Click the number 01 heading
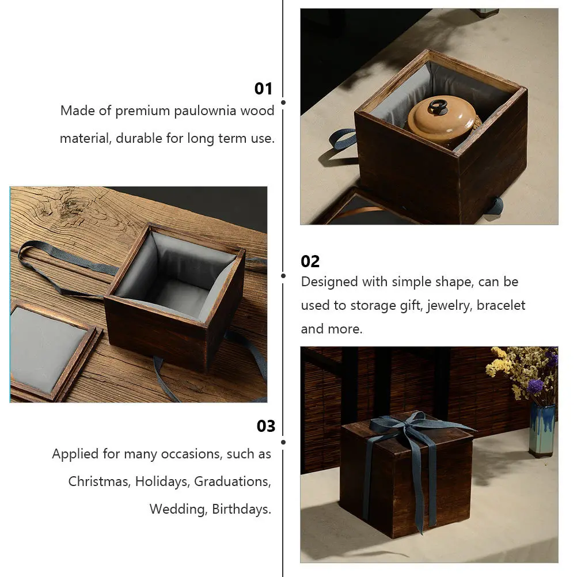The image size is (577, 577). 263,89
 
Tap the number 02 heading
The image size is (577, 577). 310,261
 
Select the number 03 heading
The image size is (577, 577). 265,426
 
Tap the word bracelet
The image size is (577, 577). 500,306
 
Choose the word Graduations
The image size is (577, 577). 232,481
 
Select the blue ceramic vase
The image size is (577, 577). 541,429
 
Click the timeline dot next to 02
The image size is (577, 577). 283,276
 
